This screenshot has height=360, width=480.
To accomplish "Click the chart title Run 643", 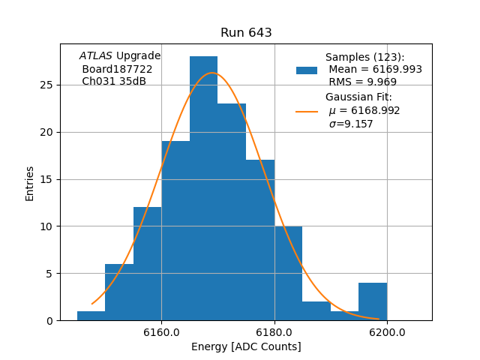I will [x=246, y=33].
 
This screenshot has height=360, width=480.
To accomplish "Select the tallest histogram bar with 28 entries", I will [x=203, y=187].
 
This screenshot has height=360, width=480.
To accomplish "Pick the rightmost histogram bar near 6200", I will [x=373, y=301].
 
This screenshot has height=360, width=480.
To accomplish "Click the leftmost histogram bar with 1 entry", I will [x=91, y=316].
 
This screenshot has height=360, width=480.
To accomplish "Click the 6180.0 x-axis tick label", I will [x=274, y=332].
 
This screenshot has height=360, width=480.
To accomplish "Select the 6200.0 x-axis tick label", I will [x=387, y=332].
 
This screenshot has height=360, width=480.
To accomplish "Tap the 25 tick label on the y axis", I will [x=46, y=85].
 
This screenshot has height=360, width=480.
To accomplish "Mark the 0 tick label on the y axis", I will [x=49, y=320].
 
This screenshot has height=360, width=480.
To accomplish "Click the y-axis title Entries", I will [x=30, y=183].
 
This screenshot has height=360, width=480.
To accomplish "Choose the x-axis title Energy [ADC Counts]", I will [x=246, y=346].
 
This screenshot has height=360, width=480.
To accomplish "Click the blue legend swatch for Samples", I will [x=307, y=70].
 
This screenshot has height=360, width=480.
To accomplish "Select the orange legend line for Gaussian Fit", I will [x=307, y=111].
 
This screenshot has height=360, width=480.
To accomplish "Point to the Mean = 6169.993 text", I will [x=375, y=70].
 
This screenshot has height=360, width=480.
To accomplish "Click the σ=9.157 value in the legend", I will [x=351, y=124].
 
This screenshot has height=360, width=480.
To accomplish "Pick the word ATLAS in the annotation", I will [x=96, y=56].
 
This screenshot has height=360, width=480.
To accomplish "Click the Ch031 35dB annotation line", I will [x=114, y=81].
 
